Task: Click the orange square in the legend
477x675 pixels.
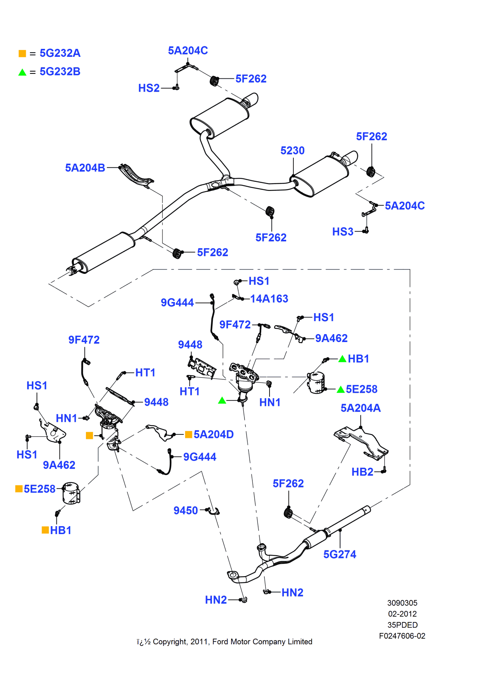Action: point(22,53)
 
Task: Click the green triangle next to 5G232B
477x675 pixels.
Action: point(22,72)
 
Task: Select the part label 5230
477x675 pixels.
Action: point(292,151)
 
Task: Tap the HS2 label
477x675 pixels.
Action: point(149,88)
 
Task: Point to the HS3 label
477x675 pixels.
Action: point(343,232)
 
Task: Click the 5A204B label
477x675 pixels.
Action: point(85,168)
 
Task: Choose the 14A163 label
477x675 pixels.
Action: point(269,299)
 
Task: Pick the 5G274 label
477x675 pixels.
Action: point(340,555)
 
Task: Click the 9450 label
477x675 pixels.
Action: point(185,511)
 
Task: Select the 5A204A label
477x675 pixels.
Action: point(360,408)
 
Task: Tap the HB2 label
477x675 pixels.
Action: point(362,472)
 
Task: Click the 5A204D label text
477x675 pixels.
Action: point(214,434)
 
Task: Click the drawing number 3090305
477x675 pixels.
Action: point(402,603)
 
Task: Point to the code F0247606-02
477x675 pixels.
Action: point(402,636)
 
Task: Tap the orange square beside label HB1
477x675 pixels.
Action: point(45,530)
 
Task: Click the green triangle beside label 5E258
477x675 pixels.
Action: point(341,389)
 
